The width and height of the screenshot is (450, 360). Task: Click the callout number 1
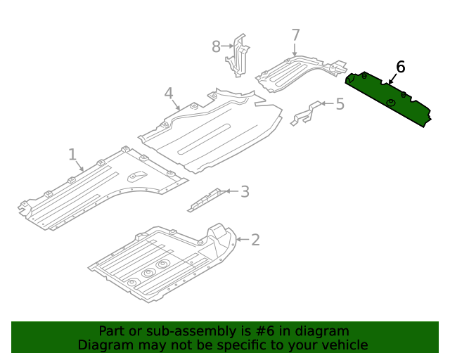(72, 153)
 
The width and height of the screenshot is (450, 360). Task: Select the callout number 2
(255, 240)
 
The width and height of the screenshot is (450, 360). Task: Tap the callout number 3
(244, 191)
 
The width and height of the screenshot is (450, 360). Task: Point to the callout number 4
(169, 94)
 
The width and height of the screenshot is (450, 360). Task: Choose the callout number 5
(340, 104)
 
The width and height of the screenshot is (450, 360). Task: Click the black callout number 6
(400, 67)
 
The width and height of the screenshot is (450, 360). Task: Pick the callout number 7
(295, 35)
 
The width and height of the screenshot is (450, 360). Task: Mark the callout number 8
(217, 47)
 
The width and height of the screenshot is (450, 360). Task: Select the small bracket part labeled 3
(205, 200)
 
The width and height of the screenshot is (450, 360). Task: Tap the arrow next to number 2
(240, 240)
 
